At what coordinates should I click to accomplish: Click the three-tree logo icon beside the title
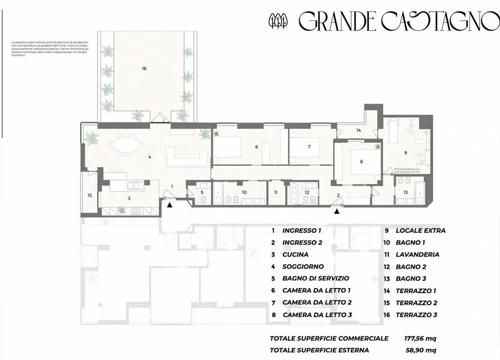tap(278, 21)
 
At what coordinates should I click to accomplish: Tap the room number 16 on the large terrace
tap(144, 68)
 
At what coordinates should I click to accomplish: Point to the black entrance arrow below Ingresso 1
tap(169, 205)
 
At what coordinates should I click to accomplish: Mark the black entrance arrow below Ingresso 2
tap(336, 211)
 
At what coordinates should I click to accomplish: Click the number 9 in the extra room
tap(405, 153)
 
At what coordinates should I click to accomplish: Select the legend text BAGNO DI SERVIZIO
tap(316, 278)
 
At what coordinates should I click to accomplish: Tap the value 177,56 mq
tap(420, 338)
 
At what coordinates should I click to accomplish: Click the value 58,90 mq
tap(421, 350)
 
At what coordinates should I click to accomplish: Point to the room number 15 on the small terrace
tap(90, 195)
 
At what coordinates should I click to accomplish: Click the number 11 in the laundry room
tap(276, 192)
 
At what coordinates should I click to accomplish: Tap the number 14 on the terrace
tap(359, 130)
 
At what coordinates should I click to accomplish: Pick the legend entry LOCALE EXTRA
tap(420, 231)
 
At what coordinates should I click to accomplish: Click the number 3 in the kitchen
tap(129, 198)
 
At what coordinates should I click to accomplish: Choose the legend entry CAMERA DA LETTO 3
tap(317, 315)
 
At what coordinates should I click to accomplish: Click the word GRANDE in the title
tap(337, 22)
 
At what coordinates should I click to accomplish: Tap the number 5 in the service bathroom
tap(202, 192)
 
